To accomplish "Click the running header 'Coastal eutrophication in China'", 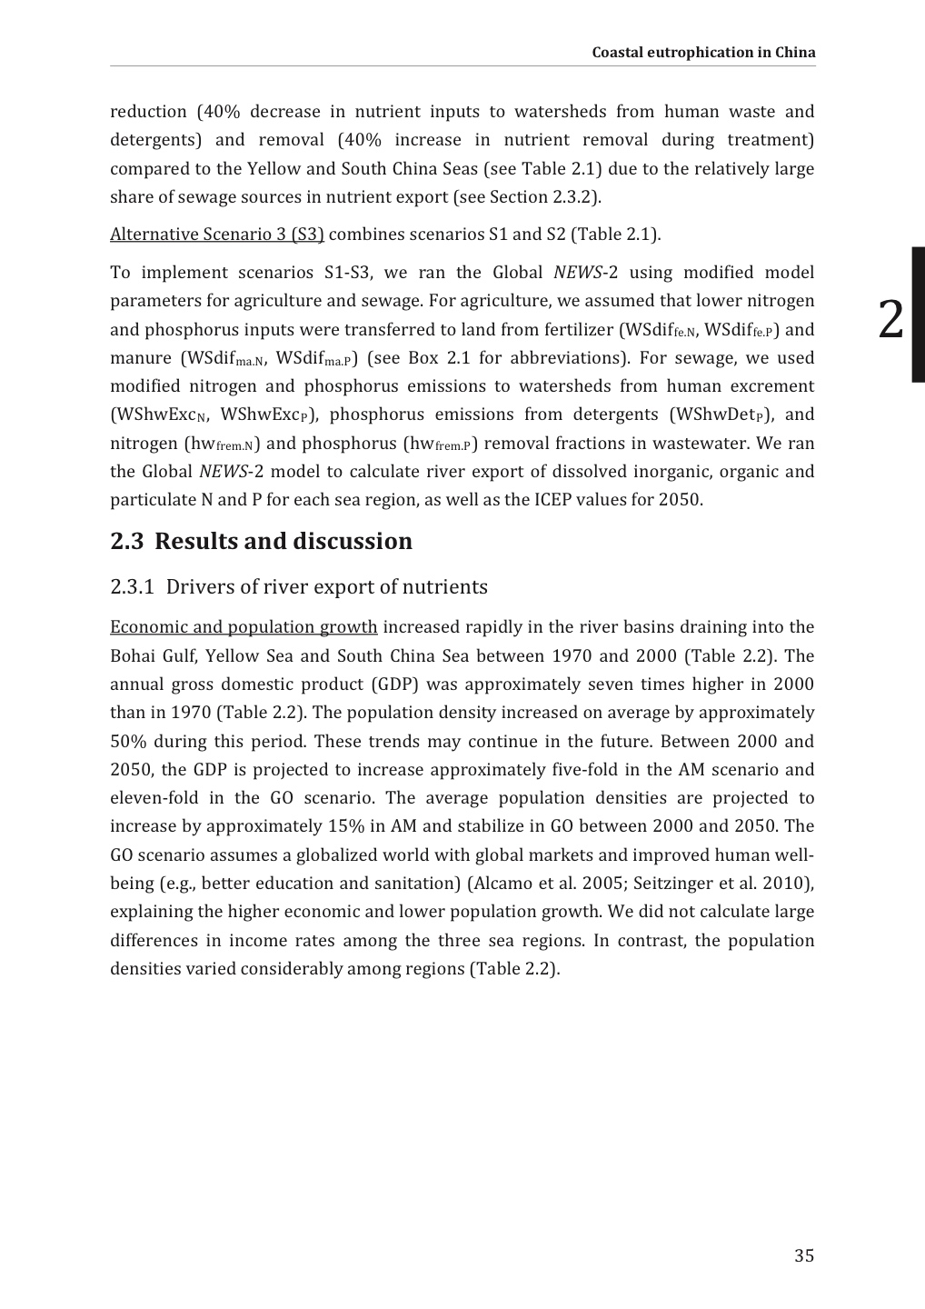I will tap(703, 52).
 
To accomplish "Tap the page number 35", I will tap(803, 1255).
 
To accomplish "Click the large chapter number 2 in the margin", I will tap(891, 319).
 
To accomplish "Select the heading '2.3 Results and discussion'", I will tap(261, 541).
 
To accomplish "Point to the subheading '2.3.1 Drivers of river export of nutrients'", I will tap(299, 586).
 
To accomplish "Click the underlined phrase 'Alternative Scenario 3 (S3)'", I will tap(216, 235).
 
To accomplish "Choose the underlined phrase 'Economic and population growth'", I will tap(244, 627).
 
